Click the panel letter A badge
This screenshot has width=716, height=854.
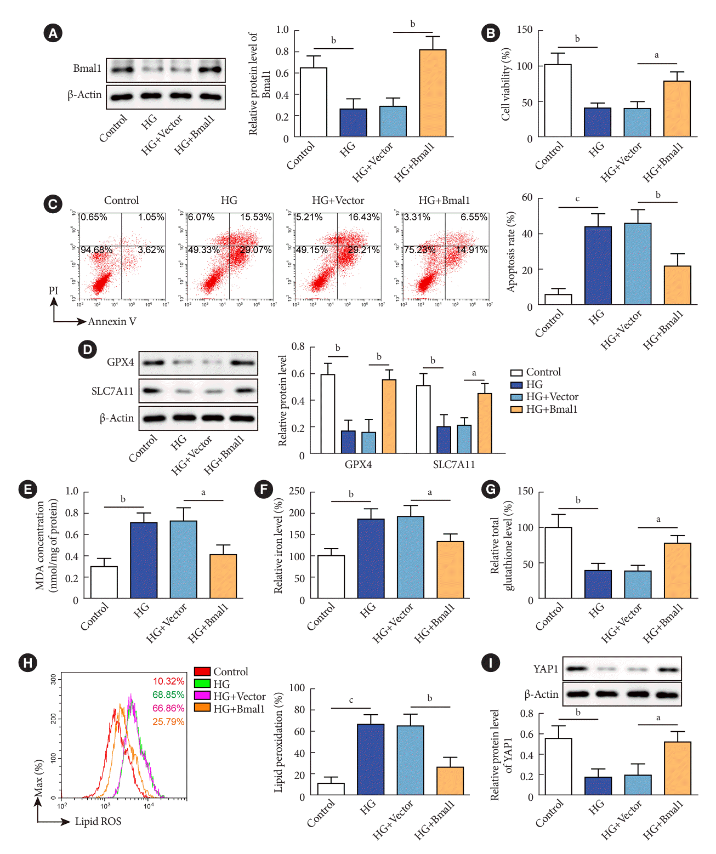coord(53,33)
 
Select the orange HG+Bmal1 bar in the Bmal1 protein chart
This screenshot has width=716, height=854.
coord(433,93)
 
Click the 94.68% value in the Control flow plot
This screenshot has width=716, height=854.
coord(96,250)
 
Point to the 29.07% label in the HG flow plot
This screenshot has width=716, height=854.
coord(255,250)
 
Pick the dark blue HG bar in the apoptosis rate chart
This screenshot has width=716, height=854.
coord(598,265)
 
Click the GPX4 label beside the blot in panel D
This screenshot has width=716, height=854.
coord(121,362)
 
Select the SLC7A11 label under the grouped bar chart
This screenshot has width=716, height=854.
coord(454,465)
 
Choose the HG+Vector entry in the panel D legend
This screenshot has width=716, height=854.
coord(552,397)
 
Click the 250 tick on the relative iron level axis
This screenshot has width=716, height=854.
coord(297,492)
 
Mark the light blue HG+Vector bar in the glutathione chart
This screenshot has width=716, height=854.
coord(638,584)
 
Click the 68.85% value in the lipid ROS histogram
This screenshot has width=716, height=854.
coord(168,695)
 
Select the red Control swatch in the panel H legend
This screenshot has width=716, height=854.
coord(202,671)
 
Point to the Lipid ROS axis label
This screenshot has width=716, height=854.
coord(98,822)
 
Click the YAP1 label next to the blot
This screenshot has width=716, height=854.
coord(545,669)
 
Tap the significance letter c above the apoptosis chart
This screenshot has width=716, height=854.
coord(577,199)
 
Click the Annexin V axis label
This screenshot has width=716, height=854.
coord(112,322)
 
